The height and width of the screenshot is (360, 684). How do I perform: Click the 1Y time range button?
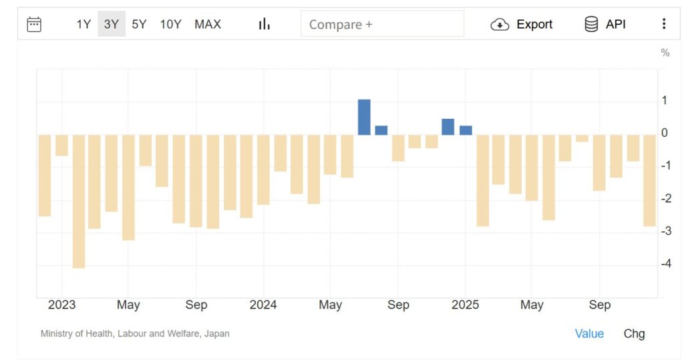point(83,25)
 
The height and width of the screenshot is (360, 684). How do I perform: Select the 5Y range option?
point(139,25)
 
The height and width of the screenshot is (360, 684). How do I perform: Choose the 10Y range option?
point(170,25)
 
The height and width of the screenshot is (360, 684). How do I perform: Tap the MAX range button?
point(208,25)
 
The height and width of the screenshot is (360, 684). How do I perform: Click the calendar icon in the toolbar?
point(34,25)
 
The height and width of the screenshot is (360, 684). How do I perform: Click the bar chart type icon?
point(265,24)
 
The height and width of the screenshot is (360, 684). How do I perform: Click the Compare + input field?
point(382,25)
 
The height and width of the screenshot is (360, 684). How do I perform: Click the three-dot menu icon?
point(663,24)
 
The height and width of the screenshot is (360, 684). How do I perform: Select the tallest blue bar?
point(364,117)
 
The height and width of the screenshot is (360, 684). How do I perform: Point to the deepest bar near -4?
point(79,200)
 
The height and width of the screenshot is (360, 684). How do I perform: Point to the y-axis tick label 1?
point(664,101)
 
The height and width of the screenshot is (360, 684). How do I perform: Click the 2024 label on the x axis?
point(263,305)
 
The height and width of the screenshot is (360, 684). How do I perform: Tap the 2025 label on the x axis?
point(465,305)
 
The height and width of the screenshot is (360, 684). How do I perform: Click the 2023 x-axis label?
point(62,305)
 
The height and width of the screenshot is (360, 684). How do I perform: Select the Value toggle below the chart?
point(589,334)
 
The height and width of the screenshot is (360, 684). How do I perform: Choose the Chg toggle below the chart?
point(634,334)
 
